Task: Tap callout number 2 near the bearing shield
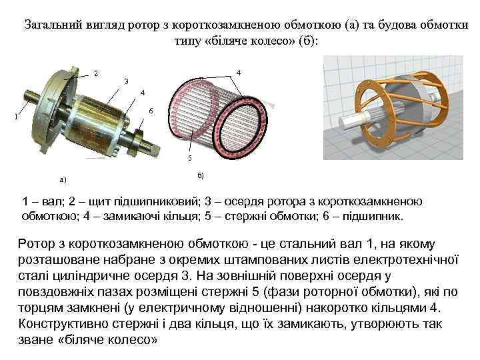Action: coord(95,73)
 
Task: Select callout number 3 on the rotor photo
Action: coord(125,81)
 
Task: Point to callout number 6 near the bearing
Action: coord(151,110)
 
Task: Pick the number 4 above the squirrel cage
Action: coord(239,72)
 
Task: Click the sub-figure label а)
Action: coord(63,179)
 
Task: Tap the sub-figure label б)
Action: coord(201,175)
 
